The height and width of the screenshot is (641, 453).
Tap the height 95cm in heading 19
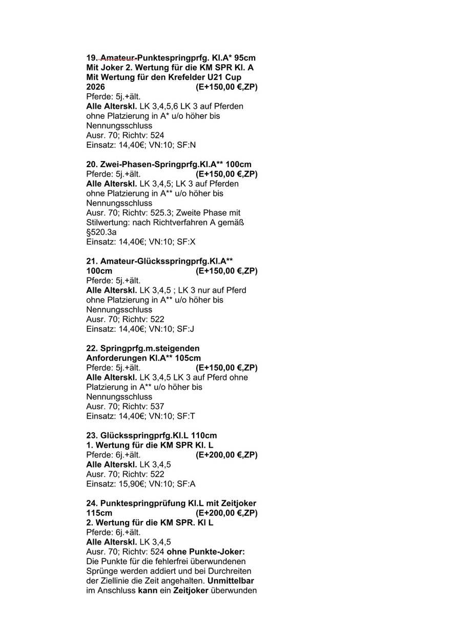pyautogui.click(x=244, y=58)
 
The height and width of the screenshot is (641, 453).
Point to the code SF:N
pyautogui.click(x=186, y=145)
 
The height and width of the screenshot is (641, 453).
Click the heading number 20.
pyautogui.click(x=92, y=165)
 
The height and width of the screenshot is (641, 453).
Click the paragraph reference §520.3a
pyautogui.click(x=101, y=232)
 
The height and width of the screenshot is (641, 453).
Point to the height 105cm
pyautogui.click(x=188, y=358)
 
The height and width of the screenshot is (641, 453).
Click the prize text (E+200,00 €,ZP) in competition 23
pyautogui.click(x=226, y=455)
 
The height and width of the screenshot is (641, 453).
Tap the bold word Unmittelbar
pyautogui.click(x=231, y=580)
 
